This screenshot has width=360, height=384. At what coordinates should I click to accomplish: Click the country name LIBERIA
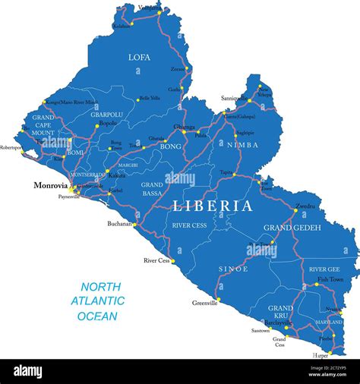point(213,206)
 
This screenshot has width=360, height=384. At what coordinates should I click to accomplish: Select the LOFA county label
point(139,57)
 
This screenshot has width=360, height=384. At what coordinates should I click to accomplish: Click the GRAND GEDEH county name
point(292,228)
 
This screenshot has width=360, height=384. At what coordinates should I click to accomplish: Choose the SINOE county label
point(232,269)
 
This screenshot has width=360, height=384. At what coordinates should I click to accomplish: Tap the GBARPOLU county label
point(106,115)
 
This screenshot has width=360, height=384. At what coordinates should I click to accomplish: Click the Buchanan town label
point(120,225)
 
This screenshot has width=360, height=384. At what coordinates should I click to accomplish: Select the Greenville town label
point(204,303)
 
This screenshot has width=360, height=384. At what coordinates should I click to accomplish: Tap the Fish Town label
point(330,279)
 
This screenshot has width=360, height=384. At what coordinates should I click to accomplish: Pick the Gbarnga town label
point(184,126)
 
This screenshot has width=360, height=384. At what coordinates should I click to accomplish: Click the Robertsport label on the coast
point(11,147)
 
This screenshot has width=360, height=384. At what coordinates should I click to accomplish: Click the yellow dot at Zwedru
point(294,209)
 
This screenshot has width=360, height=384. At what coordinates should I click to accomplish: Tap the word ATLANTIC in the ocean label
point(98,301)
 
